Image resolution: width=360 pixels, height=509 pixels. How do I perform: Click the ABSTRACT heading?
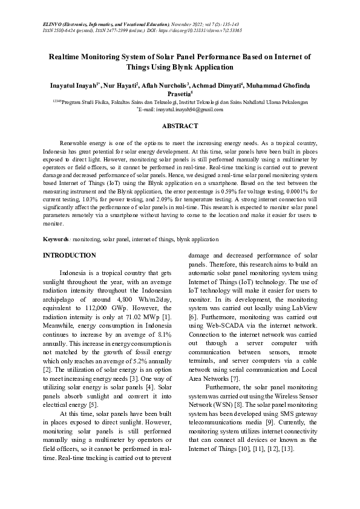[x=180, y=126]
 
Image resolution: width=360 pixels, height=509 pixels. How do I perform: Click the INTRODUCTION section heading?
[x=69, y=256]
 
